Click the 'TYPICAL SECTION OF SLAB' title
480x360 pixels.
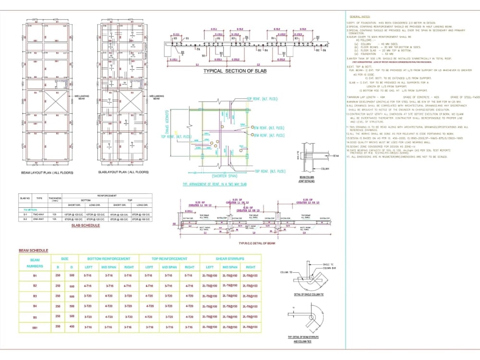pyautogui.click(x=235, y=71)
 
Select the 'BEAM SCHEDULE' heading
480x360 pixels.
pyautogui.click(x=33, y=251)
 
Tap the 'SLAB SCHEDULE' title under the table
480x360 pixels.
pyautogui.click(x=85, y=225)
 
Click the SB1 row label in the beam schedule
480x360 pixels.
pyautogui.click(x=35, y=326)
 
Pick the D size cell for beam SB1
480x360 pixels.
pyautogui.click(x=72, y=326)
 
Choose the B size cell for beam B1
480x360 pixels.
pyautogui.click(x=58, y=276)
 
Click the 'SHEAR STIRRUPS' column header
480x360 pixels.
pyautogui.click(x=230, y=259)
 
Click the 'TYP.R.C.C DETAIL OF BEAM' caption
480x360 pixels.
pyautogui.click(x=257, y=243)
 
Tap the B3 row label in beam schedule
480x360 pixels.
pyautogui.click(x=35, y=296)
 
